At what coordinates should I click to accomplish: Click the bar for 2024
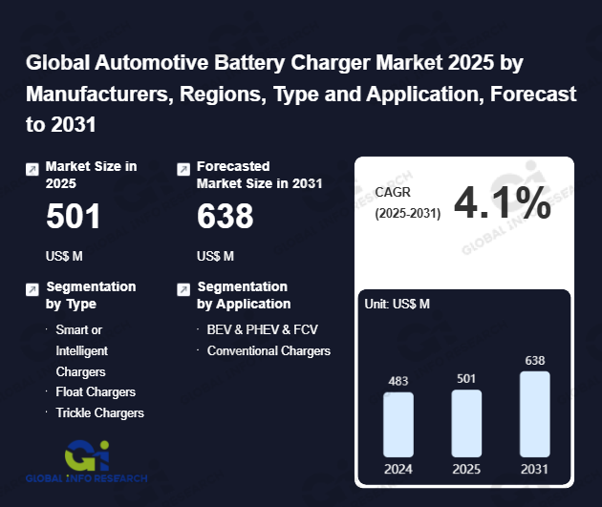click(x=398, y=424)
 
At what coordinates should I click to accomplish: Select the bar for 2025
click(x=466, y=422)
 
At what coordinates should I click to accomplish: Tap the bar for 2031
click(x=535, y=413)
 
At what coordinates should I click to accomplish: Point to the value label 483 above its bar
click(x=398, y=381)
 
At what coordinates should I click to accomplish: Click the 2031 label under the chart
click(x=535, y=470)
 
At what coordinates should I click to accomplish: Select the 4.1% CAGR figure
click(x=503, y=202)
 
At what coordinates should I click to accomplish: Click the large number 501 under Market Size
click(x=74, y=218)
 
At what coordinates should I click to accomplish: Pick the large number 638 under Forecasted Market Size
click(x=226, y=218)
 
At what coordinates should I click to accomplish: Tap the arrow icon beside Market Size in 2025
click(x=32, y=169)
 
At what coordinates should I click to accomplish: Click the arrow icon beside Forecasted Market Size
click(x=183, y=169)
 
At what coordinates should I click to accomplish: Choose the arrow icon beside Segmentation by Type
click(x=32, y=288)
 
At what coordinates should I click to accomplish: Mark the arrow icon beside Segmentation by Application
click(x=183, y=288)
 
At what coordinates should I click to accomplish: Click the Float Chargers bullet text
click(x=96, y=392)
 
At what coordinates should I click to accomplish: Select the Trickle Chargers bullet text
click(x=100, y=412)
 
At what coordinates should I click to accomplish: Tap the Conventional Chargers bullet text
click(x=269, y=350)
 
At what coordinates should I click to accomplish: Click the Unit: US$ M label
click(x=398, y=304)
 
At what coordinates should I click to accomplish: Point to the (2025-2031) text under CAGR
click(x=408, y=213)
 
